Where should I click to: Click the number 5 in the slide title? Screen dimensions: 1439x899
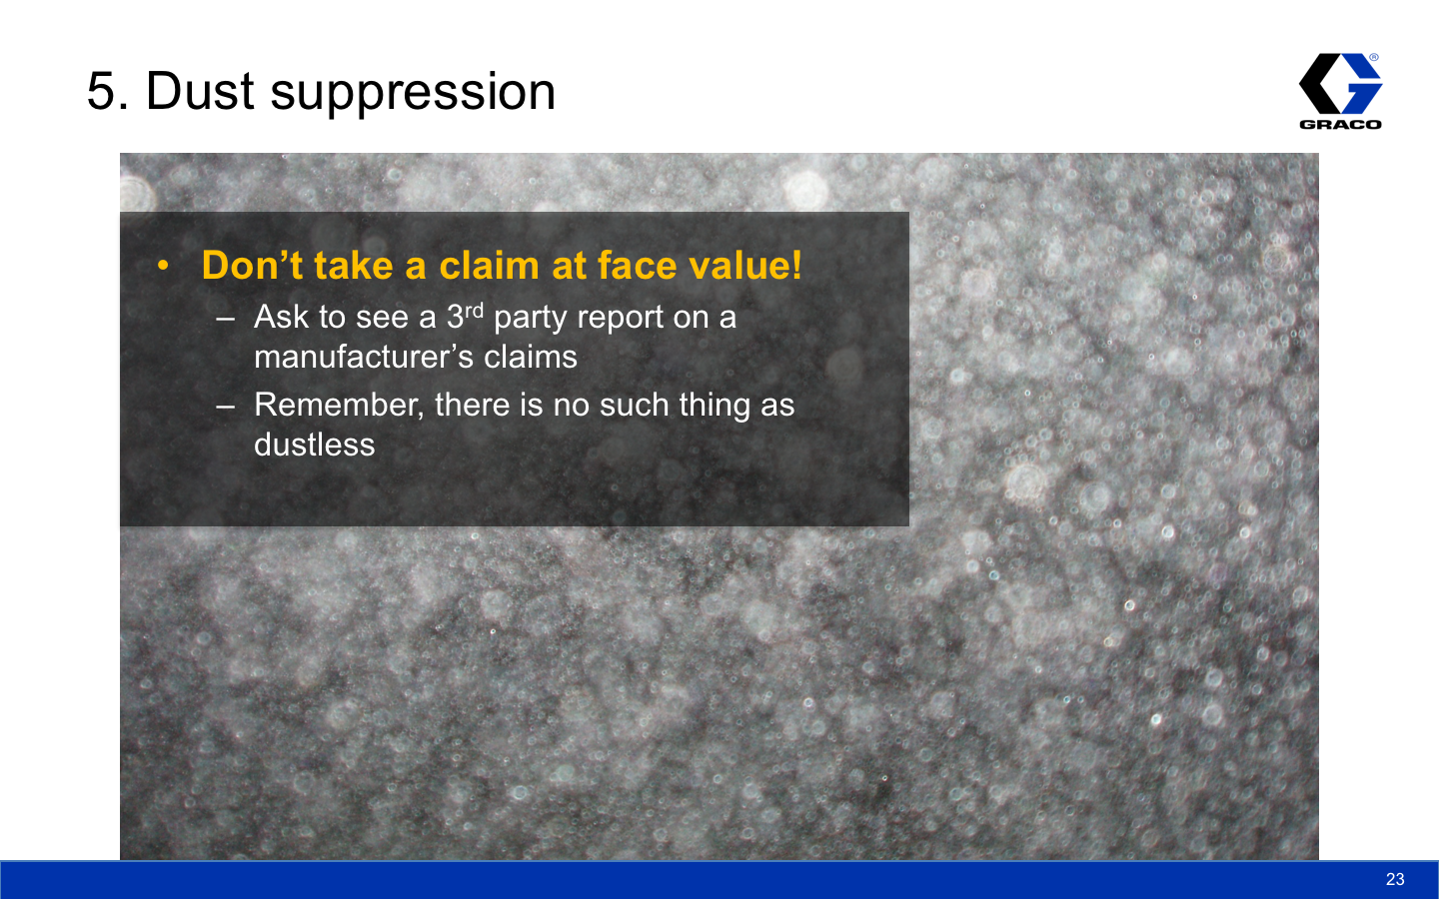pos(104,91)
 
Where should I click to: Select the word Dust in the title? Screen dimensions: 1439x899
pos(201,91)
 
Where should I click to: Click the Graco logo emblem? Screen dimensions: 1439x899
pos(1341,84)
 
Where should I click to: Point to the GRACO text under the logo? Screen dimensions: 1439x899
pos(1341,125)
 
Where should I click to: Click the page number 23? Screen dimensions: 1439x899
pos(1395,878)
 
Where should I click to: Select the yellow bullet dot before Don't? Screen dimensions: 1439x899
pos(163,266)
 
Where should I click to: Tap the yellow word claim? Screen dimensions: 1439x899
pos(490,265)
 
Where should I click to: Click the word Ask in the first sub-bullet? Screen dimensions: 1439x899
pos(282,317)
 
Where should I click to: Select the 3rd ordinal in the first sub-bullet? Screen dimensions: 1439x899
pos(465,316)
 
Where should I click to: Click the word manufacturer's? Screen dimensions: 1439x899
pos(364,357)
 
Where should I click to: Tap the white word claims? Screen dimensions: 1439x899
pos(531,357)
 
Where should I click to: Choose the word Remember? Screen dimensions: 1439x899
pos(339,406)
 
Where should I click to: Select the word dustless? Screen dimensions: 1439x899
pos(314,445)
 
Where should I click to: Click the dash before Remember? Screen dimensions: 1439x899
pos(226,406)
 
